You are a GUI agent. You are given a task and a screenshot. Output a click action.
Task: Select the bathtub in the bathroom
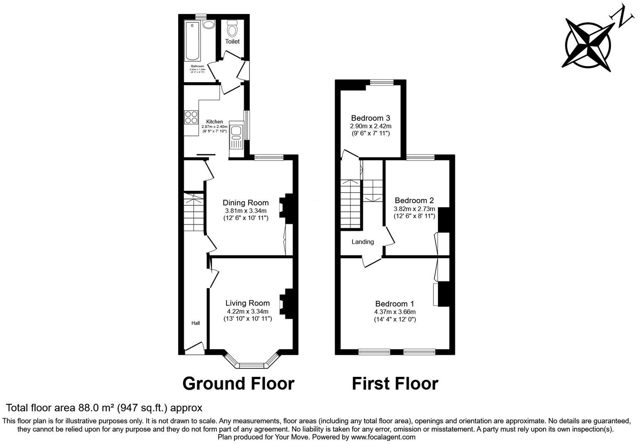[x=193, y=40]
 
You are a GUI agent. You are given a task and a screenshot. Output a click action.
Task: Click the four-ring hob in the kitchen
[x=191, y=117]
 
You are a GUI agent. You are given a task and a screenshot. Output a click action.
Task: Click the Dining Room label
[x=246, y=203]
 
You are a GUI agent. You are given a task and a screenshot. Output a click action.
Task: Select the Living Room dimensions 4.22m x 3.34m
[x=247, y=311]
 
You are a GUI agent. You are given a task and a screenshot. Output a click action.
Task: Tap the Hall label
[x=196, y=323]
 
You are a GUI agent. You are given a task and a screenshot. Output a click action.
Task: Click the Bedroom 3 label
[x=370, y=118]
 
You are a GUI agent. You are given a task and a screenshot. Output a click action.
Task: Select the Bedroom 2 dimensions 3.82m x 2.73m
[x=414, y=209]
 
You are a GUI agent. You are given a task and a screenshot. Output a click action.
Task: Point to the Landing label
[x=362, y=242]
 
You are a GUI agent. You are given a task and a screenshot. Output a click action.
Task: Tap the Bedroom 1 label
[x=394, y=304]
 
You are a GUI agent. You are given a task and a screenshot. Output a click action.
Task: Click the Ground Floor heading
[x=238, y=383]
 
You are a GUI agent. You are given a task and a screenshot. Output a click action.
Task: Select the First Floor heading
[x=395, y=383]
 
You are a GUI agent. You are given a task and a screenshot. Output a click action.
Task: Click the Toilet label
[x=232, y=41]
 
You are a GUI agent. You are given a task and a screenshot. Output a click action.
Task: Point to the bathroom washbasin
[x=209, y=24]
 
